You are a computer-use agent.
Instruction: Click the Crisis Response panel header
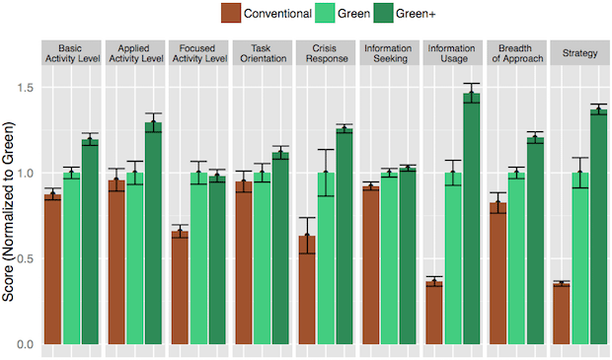click(x=326, y=52)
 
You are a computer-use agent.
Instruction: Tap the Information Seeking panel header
click(x=389, y=52)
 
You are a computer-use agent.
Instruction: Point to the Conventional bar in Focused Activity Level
click(x=180, y=287)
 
